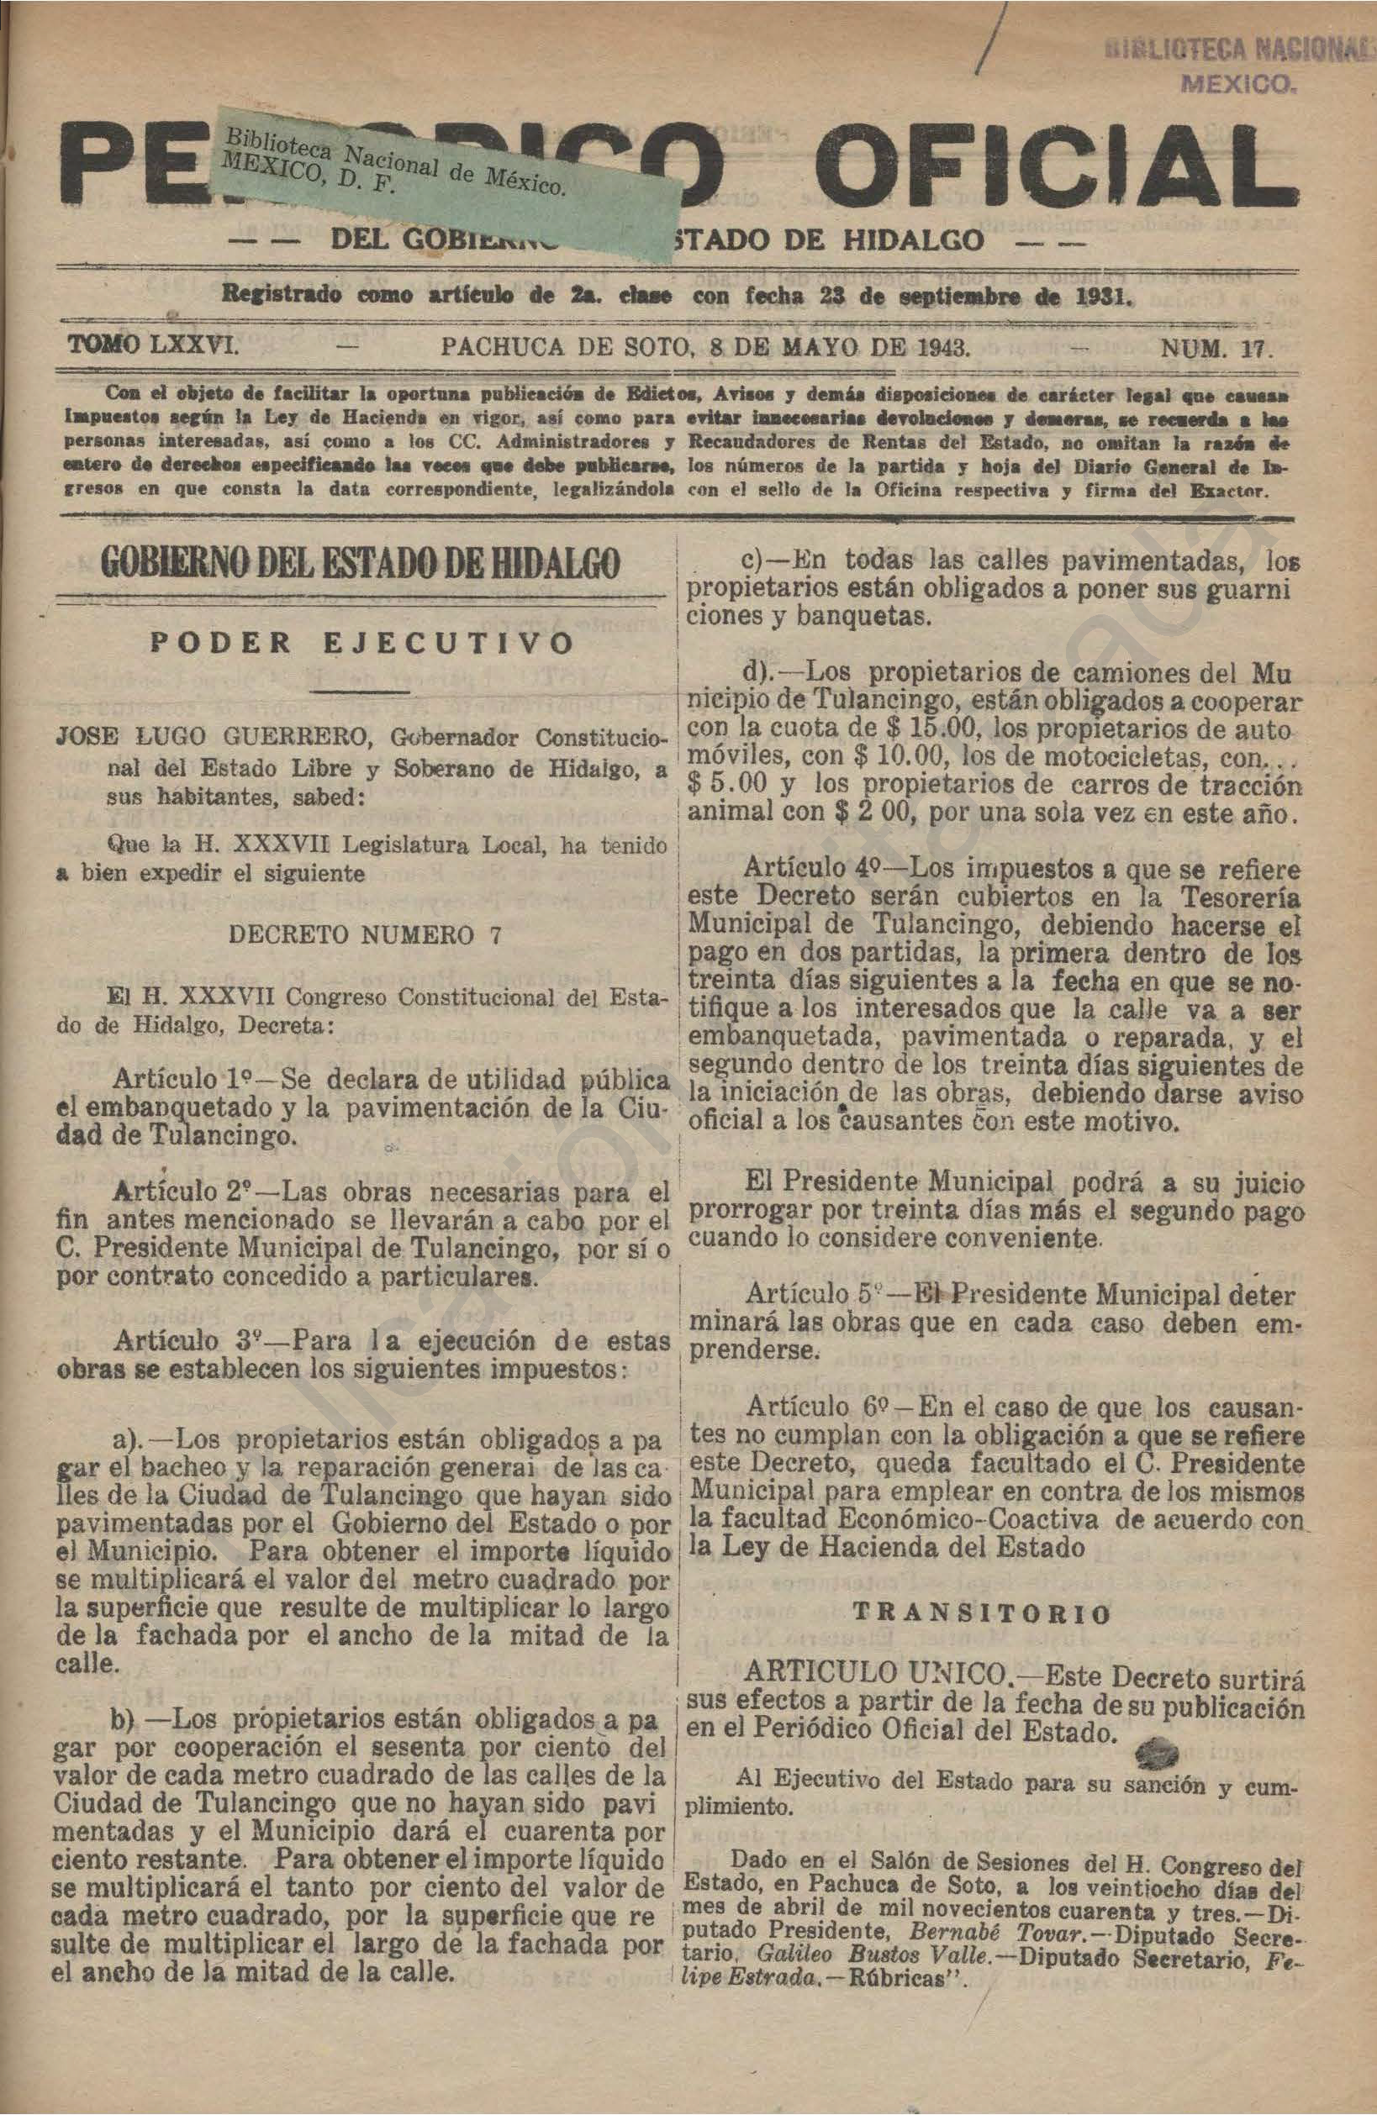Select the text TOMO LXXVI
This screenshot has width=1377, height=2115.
(153, 346)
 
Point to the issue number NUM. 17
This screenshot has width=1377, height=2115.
(1217, 349)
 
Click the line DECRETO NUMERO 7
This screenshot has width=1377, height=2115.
(365, 935)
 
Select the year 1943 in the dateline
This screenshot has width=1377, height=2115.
(942, 348)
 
